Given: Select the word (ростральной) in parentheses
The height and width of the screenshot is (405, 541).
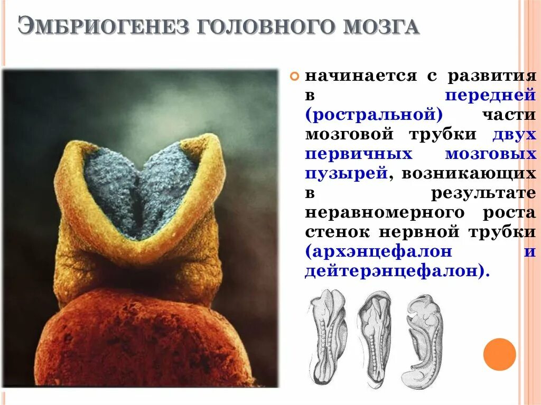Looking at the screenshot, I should (373, 115).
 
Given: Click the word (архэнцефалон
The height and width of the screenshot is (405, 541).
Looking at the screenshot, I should (378, 251).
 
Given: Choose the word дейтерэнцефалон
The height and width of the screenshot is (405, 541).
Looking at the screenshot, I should (390, 271).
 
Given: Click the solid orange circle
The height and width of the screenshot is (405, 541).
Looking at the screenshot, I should (499, 354).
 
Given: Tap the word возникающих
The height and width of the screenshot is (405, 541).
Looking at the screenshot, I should (468, 173).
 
